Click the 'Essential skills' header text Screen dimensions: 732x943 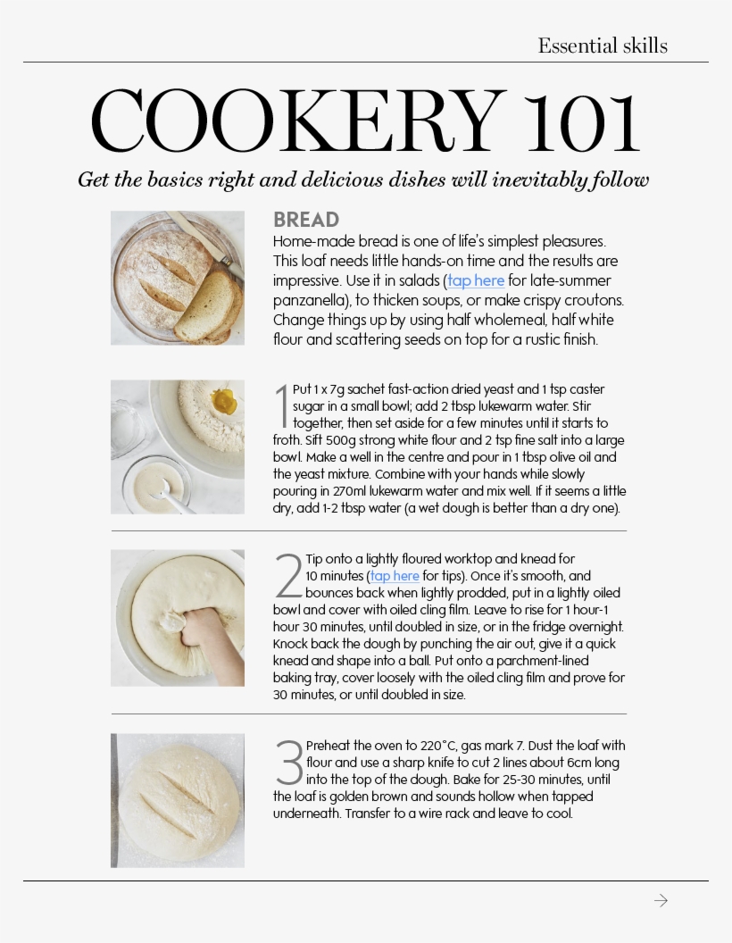coord(603,46)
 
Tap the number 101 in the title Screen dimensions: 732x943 coord(582,122)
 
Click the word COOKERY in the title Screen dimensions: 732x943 coord(298,121)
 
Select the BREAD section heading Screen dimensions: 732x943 coord(306,220)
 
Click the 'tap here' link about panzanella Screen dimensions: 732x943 coord(476,281)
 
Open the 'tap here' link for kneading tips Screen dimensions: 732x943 coord(395,576)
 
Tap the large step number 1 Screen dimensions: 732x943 coord(282,406)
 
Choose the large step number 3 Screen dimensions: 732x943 coord(289,763)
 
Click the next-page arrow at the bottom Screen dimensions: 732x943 coord(661,900)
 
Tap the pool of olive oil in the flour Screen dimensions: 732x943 coord(223,400)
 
